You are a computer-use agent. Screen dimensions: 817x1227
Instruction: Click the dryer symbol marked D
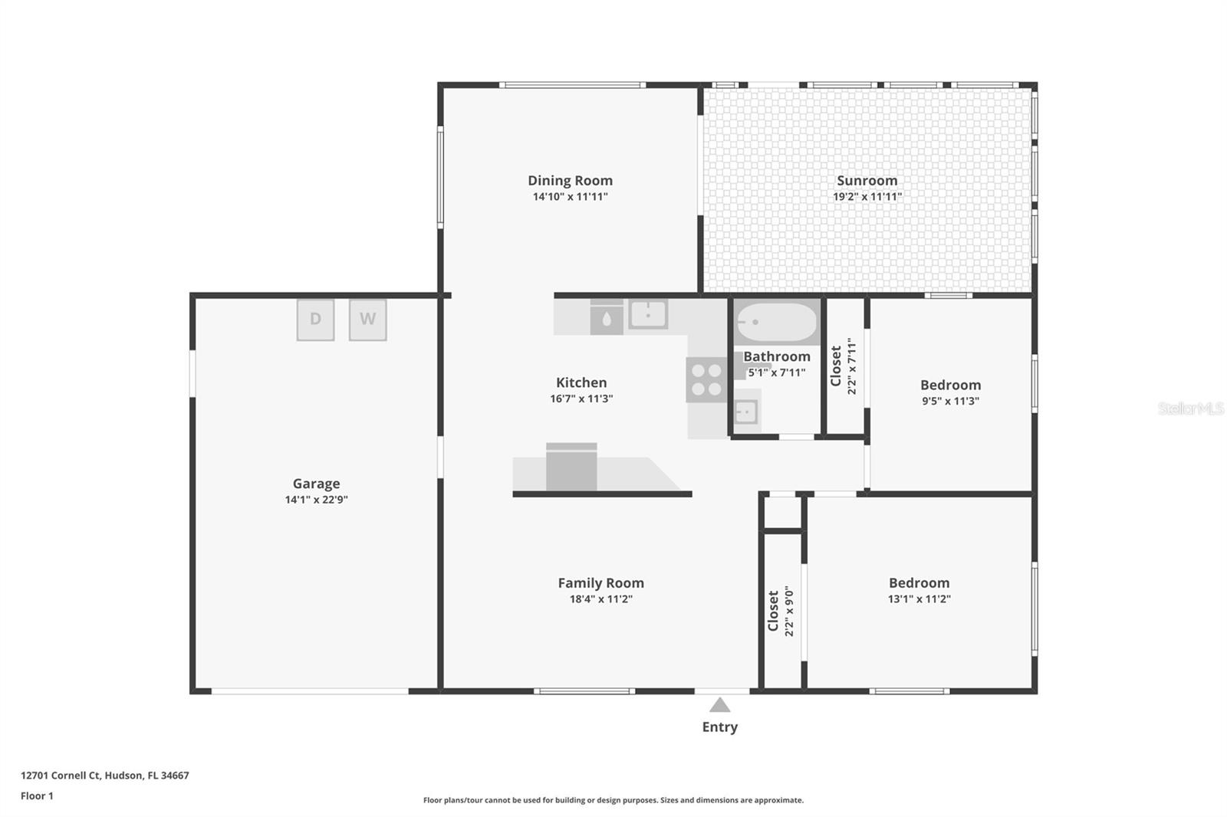coord(315,320)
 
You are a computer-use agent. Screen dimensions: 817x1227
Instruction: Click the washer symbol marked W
coord(367,320)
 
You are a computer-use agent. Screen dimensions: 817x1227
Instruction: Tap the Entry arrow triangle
coord(719,705)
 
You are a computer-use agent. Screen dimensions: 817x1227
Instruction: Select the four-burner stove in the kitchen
coord(706,379)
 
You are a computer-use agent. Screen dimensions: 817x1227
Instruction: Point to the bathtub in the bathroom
coord(776,323)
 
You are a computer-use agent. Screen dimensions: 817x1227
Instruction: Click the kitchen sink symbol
coord(648,314)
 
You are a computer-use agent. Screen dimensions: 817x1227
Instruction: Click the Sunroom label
coord(867,181)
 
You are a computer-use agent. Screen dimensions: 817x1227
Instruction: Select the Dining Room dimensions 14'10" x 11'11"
coord(570,197)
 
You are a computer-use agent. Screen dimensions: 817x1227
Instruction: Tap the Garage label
coord(316,484)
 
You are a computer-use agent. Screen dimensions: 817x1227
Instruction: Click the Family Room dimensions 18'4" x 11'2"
coord(600,599)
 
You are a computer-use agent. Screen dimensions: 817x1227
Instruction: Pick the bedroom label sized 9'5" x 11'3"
coord(950,386)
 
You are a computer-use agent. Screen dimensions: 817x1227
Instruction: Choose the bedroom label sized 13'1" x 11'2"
coord(919,583)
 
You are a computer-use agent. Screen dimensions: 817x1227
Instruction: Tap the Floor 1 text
coord(37,796)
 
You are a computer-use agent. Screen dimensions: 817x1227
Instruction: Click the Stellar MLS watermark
coord(1190,408)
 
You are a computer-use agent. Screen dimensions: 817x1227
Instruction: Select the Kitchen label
coord(581,382)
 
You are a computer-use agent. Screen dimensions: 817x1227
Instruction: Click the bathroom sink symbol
coord(745,412)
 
